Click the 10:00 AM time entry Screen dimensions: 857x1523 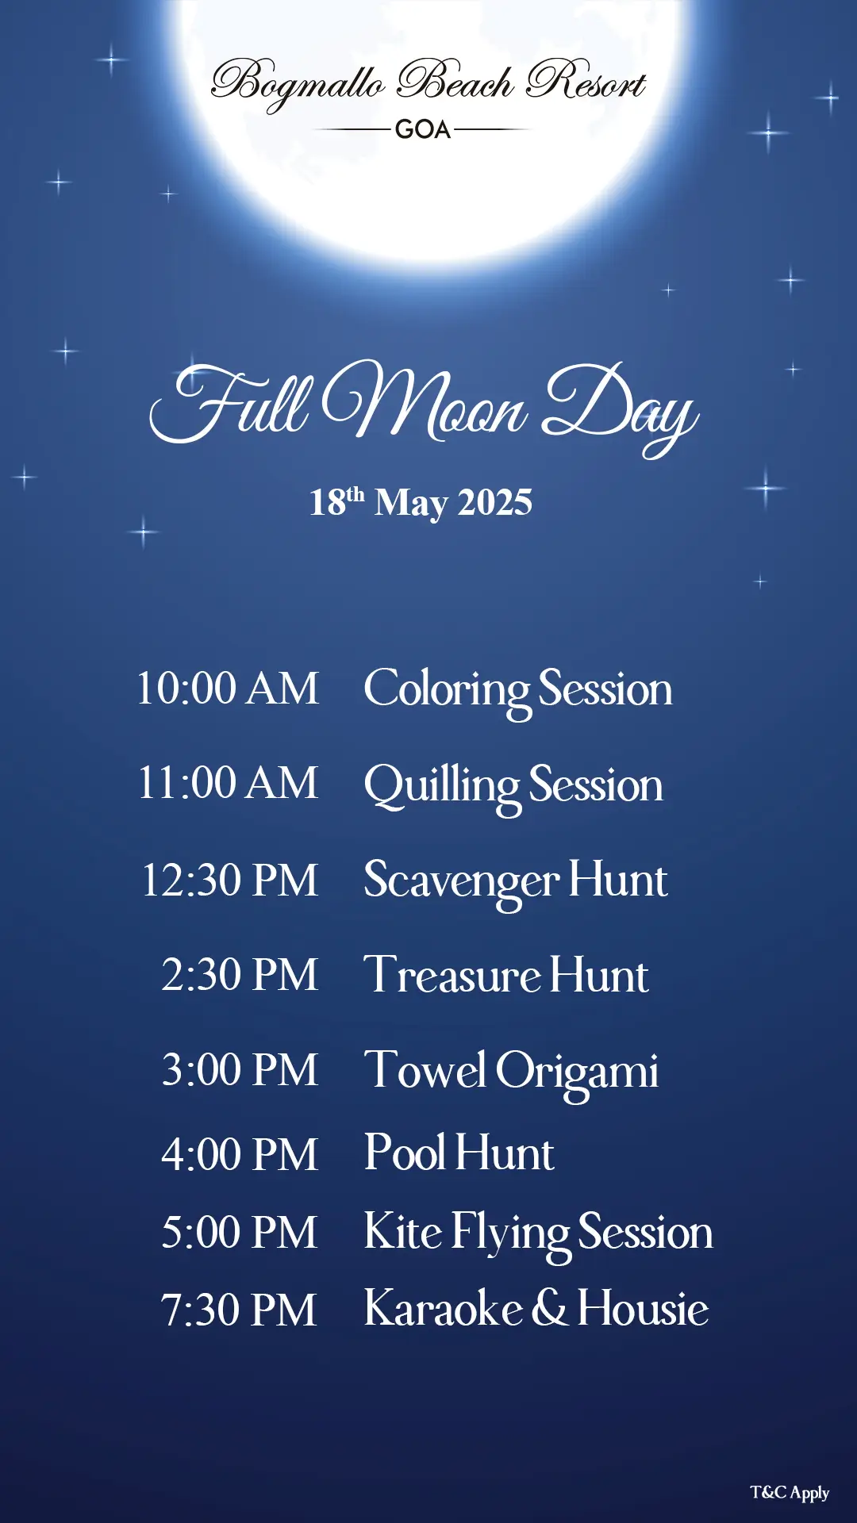[228, 688]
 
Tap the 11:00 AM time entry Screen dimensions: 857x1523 [229, 783]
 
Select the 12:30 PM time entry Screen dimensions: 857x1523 [230, 880]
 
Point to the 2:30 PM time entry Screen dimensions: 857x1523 [240, 975]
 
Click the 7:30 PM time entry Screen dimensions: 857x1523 [239, 1310]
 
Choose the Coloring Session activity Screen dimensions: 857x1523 [518, 691]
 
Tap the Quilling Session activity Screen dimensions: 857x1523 [513, 788]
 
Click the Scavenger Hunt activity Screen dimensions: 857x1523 [516, 883]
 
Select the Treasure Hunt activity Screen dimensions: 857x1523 [506, 975]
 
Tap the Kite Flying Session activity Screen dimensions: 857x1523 [539, 1235]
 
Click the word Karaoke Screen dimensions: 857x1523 [444, 1308]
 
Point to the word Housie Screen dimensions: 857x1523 [643, 1308]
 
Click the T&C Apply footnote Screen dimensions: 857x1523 [790, 1493]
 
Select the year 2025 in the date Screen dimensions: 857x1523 [495, 502]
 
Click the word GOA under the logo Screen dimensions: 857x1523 [423, 129]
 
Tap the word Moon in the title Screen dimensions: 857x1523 [425, 401]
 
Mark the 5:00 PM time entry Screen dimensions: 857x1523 [239, 1233]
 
